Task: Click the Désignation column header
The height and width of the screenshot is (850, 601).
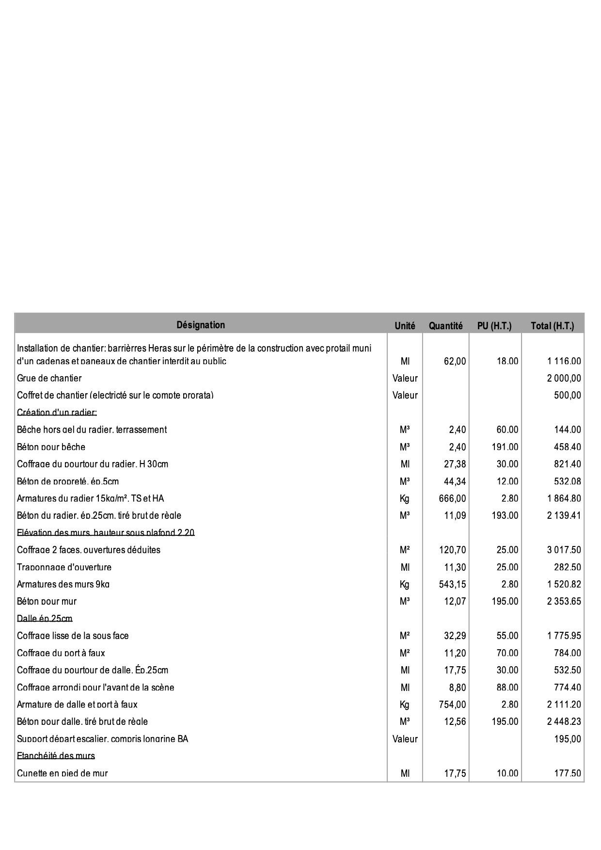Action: pos(201,325)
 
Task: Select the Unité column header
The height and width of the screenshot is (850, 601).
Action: pos(405,326)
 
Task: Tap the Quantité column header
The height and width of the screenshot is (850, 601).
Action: pos(445,326)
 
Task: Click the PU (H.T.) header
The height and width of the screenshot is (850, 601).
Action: pos(494,326)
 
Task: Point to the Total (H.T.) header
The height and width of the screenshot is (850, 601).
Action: pos(552,326)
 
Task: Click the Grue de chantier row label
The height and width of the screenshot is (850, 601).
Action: pos(49,378)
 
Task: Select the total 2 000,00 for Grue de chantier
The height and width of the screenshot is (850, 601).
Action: pos(564,378)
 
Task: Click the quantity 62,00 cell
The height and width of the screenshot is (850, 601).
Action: pos(455,361)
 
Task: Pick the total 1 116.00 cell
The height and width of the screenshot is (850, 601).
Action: pos(564,361)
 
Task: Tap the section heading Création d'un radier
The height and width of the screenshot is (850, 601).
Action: pos(57,413)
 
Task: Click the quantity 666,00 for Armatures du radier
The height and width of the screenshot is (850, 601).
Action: pos(452,498)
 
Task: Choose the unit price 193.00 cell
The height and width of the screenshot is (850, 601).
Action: pos(505,515)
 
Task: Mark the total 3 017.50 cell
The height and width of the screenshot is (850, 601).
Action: pos(564,550)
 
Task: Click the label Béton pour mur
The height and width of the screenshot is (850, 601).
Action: pos(47,602)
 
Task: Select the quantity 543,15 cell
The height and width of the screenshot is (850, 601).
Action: pos(452,584)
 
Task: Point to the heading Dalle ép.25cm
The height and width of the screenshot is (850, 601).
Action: pos(45,619)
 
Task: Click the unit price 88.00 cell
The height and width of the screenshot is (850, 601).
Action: pos(507,688)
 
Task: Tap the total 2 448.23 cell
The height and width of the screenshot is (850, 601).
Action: pos(564,722)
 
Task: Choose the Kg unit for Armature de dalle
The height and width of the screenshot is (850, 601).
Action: pos(405,705)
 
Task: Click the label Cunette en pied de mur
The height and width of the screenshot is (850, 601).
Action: pos(63,773)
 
